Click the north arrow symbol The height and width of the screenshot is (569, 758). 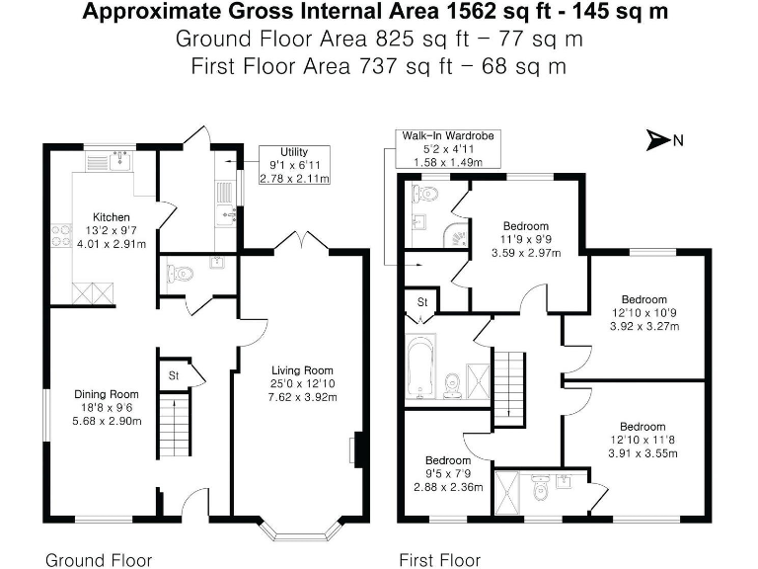point(657,140)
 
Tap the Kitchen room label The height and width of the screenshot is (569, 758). point(112,217)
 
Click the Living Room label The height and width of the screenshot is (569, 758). point(291,371)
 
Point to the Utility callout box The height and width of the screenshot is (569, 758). point(294,165)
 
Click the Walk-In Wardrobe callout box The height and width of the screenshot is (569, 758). point(447,148)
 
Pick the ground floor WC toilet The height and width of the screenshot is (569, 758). point(180,273)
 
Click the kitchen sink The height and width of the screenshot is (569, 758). point(119,159)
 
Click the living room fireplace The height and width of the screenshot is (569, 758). point(355,448)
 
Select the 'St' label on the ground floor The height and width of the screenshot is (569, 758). point(172,375)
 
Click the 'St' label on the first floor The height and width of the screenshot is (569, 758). point(421,300)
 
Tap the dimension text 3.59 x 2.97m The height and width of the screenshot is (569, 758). point(525,252)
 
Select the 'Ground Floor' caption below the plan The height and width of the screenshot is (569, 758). point(99,560)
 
